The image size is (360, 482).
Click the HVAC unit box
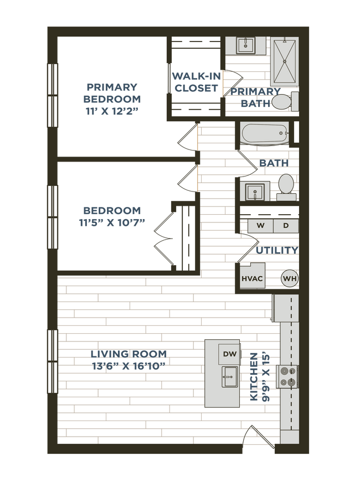click(252, 278)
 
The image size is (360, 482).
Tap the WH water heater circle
click(289, 278)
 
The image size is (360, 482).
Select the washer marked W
click(260, 226)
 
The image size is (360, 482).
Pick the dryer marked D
click(286, 226)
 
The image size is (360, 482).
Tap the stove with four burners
click(289, 376)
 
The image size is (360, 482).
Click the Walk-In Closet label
click(196, 82)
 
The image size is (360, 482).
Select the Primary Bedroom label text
click(112, 98)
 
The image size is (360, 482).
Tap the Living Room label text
click(128, 359)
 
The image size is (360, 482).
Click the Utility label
click(276, 250)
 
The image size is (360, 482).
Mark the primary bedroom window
click(52, 96)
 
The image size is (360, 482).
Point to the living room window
click(52, 362)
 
